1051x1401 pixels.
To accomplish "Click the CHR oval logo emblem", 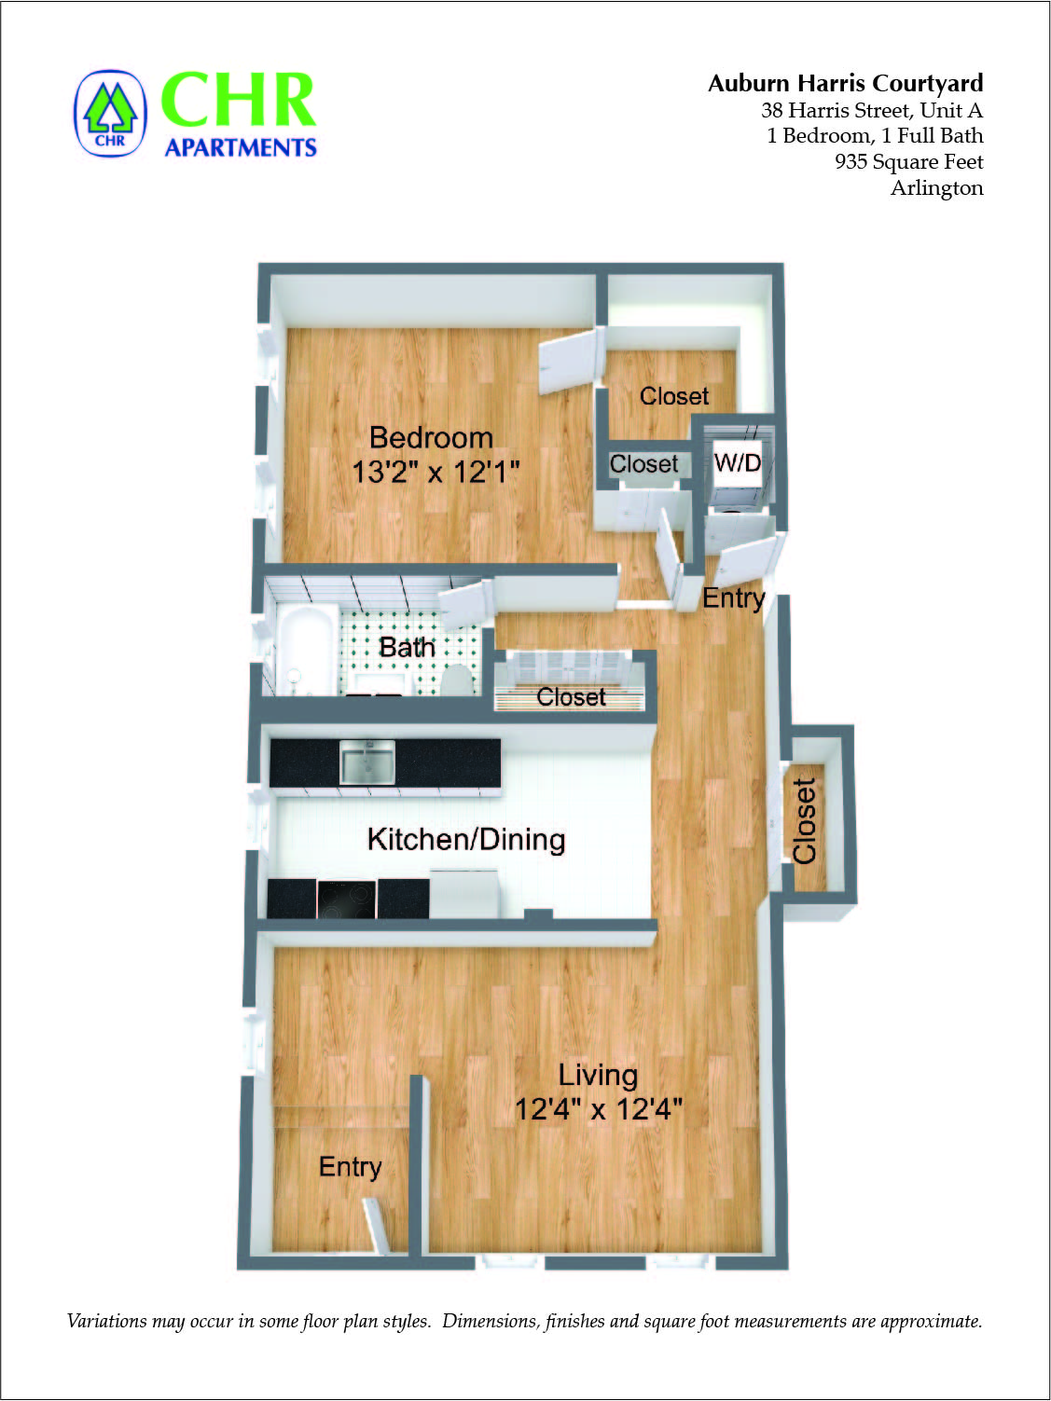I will tap(110, 114).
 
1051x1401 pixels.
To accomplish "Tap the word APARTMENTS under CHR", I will tap(241, 148).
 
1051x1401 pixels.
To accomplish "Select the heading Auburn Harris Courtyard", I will tap(845, 83).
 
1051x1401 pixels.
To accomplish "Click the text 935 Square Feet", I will tap(908, 161).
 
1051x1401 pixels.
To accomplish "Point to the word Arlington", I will tap(936, 187).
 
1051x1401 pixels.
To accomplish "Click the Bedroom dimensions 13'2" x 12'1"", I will tap(435, 472).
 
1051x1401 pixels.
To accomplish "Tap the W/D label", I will tap(737, 462).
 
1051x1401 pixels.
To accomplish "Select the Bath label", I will tap(407, 647).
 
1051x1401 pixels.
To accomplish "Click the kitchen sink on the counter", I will tap(367, 762).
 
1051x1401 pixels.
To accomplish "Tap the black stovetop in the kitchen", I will tap(346, 899).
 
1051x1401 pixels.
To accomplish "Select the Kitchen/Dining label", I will tap(466, 839).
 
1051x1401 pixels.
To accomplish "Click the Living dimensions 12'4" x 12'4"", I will tap(599, 1109).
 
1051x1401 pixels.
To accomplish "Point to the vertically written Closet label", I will tap(804, 820).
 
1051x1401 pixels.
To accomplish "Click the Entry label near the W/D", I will tap(733, 597).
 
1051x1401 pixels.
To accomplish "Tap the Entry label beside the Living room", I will tap(350, 1166).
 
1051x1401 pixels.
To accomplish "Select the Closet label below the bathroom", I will tap(571, 696).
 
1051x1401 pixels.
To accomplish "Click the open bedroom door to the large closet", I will tap(568, 362).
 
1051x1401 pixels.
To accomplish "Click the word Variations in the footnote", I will tap(107, 1321).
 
